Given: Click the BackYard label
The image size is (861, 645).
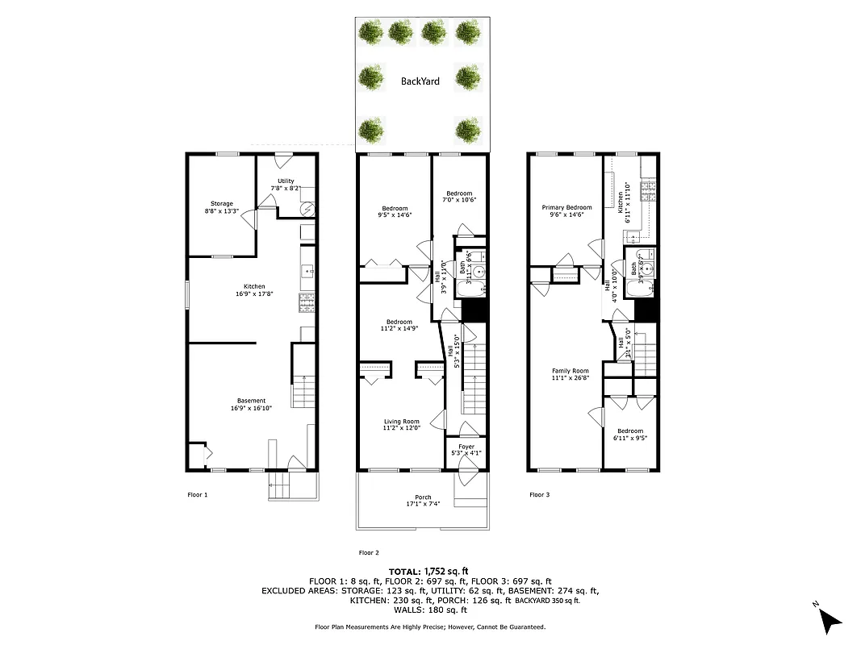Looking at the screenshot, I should [x=420, y=81].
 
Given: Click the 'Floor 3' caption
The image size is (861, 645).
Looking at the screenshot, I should [x=539, y=495].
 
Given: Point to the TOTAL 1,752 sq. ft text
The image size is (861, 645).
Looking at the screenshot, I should [x=429, y=571].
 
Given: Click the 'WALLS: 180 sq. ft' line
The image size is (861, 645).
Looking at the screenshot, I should [x=429, y=610].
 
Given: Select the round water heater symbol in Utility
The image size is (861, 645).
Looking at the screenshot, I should [x=307, y=208].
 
